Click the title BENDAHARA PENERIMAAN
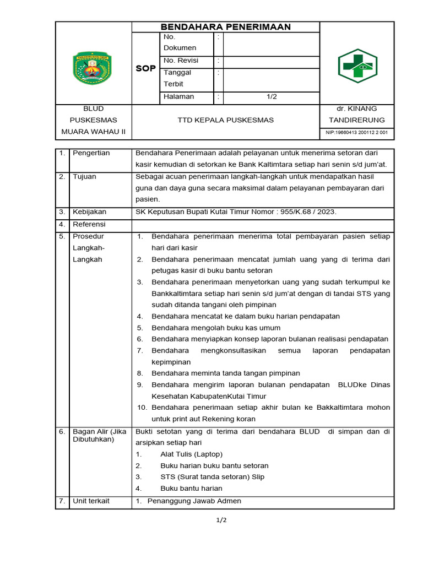tap(225, 27)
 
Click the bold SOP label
tap(146, 69)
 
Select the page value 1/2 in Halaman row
tap(272, 96)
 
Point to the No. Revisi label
tap(181, 61)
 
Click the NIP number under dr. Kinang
tap(357, 132)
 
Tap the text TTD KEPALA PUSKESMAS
tap(226, 120)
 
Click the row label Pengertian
tap(91, 153)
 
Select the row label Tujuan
tap(84, 177)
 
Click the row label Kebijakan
tap(90, 211)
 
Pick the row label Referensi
tap(89, 225)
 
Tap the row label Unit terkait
tap(91, 501)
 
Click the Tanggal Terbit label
tap(177, 78)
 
